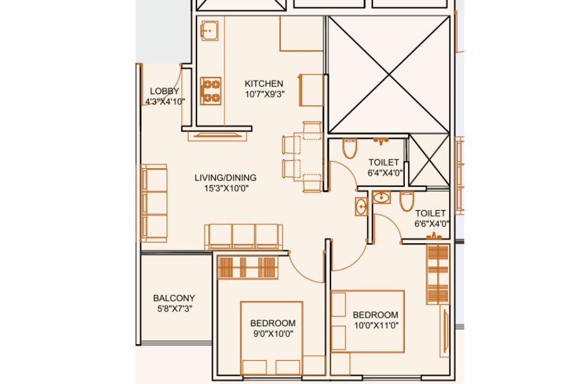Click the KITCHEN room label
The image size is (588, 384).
[x=264, y=83]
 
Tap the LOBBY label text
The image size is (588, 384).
[x=165, y=91]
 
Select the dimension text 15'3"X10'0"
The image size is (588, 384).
[x=226, y=188]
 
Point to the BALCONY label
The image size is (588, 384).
[x=174, y=298]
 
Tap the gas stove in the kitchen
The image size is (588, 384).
[x=211, y=91]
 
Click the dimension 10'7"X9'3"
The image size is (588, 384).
[x=265, y=94]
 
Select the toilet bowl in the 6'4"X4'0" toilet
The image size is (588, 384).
[x=350, y=149]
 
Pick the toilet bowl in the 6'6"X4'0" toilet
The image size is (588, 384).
[x=407, y=202]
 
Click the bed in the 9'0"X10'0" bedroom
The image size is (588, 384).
[x=272, y=337]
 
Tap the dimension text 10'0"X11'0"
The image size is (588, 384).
[x=376, y=326]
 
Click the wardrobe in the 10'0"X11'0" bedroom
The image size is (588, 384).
[x=437, y=274]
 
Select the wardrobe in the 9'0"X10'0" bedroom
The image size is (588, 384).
[x=248, y=267]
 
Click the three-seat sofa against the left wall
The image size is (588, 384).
[x=154, y=203]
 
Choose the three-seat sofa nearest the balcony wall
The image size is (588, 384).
[x=243, y=237]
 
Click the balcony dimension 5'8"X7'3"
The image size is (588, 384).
[x=174, y=309]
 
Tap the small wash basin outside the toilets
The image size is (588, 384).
[x=361, y=206]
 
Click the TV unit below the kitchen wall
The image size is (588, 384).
[x=218, y=136]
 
